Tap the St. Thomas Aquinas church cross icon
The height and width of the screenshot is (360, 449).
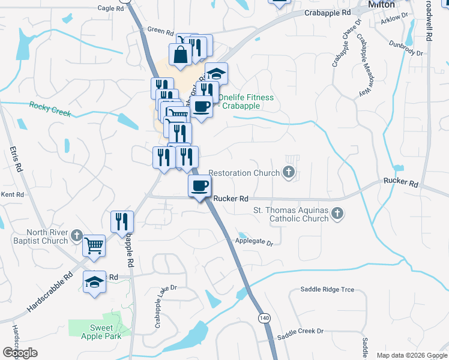tap(338, 213)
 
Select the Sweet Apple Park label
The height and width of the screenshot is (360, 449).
tap(106, 332)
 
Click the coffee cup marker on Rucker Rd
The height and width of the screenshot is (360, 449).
tap(200, 185)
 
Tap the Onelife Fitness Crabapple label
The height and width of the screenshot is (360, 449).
tap(246, 102)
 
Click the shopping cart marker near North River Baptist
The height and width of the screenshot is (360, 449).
tap(94, 244)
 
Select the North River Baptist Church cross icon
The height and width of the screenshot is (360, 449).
tap(77, 235)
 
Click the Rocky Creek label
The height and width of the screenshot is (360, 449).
tap(50, 109)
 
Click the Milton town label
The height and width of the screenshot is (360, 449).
tap(382, 5)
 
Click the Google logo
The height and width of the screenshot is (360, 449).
tap(20, 353)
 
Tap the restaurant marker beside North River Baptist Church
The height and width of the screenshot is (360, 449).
tap(122, 221)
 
